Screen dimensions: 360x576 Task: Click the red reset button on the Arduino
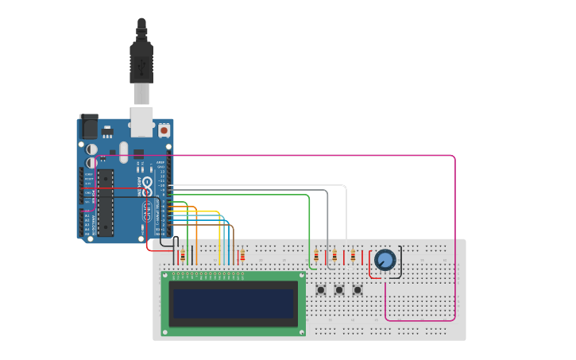(164, 130)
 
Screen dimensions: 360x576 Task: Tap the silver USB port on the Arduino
(141, 121)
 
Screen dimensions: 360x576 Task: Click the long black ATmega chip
(105, 202)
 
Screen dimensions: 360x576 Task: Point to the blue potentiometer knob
(385, 260)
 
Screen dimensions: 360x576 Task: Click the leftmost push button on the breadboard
(321, 290)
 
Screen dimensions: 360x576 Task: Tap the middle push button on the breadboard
(339, 290)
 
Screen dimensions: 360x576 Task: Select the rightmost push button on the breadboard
(358, 290)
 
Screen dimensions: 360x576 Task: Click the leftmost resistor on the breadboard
(183, 255)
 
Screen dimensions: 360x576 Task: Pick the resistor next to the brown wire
(242, 255)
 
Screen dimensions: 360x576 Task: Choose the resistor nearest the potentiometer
(353, 255)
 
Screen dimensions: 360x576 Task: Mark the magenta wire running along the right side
(455, 238)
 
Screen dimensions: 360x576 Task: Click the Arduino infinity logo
(149, 211)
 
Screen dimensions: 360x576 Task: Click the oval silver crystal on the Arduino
(124, 151)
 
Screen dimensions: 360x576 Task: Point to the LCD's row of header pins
(208, 277)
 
